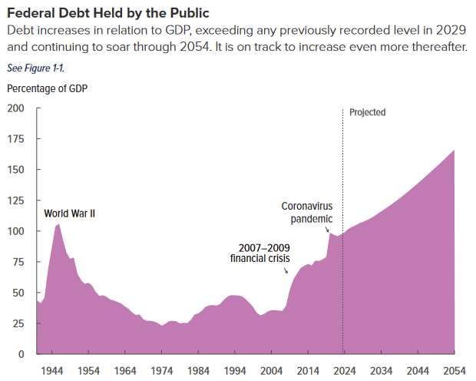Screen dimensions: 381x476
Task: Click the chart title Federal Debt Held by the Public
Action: point(107,13)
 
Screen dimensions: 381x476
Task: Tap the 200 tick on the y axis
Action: point(15,108)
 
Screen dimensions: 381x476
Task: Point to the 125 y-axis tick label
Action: point(15,200)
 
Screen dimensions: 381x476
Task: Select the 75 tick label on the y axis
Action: point(18,262)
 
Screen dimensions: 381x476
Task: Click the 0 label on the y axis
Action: point(21,354)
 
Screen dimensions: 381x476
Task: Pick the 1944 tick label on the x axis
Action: point(53,370)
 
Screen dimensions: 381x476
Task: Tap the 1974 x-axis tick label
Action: point(161,370)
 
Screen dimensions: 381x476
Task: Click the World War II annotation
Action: point(69,213)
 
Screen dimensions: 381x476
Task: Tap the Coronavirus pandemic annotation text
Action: point(306,213)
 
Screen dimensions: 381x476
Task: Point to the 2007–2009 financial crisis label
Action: point(260,253)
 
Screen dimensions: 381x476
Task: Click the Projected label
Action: point(367,112)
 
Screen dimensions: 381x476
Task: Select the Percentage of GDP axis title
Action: point(47,88)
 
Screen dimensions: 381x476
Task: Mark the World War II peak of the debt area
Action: point(58,224)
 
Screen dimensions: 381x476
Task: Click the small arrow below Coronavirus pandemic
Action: point(329,228)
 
